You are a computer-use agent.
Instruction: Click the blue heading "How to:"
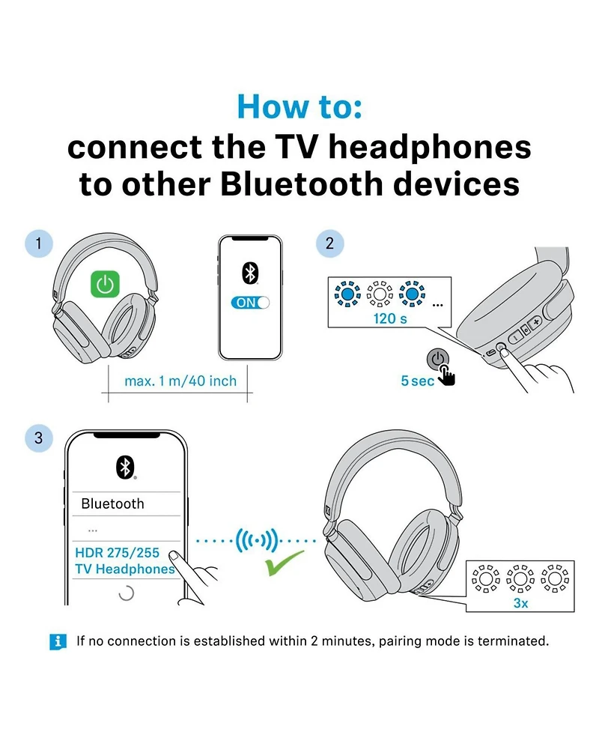coord(299,106)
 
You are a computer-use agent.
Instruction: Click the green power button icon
coord(106,283)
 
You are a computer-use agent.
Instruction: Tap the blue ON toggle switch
coord(250,303)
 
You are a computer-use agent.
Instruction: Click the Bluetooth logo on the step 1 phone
coord(249,273)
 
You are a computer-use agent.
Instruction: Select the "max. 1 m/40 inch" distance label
coord(180,381)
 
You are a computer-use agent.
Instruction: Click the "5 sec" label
coord(417,381)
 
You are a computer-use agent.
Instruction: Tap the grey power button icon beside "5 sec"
coord(438,359)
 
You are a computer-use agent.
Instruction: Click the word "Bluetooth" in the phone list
coord(112,503)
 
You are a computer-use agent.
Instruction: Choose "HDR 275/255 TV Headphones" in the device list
coord(124,561)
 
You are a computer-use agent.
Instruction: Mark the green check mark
coord(285,563)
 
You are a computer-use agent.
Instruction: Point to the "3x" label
coord(521,602)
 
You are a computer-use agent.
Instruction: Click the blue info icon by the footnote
coord(58,641)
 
